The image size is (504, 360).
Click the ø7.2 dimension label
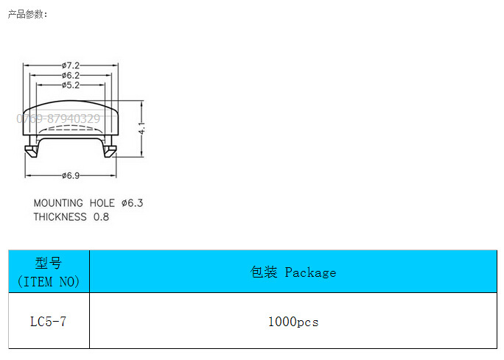point(71,65)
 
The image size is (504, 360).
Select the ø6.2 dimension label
point(71,75)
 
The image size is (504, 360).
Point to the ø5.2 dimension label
point(71,85)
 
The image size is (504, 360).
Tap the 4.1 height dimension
point(141,128)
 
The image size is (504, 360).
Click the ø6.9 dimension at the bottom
point(71,175)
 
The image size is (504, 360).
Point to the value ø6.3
point(132,203)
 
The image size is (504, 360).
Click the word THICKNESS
point(60,217)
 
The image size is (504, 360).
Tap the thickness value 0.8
point(101,217)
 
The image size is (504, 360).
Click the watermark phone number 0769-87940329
point(58,118)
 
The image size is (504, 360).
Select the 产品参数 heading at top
point(28,14)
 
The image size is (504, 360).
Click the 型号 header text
point(49,264)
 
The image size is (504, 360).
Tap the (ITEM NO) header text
point(49,281)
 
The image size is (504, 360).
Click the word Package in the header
point(310,272)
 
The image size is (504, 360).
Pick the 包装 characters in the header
point(264,272)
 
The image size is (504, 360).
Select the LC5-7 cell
point(49,322)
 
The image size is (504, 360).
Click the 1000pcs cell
point(293,322)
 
